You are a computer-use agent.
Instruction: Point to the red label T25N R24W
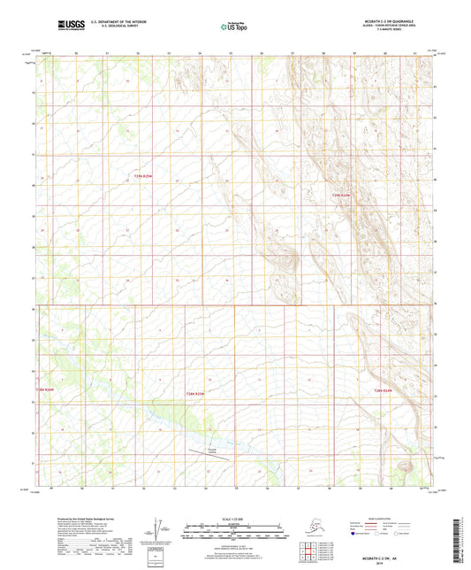coord(341,195)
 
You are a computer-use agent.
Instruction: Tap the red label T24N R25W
coord(194,393)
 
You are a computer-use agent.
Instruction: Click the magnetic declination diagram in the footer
coord(160,528)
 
